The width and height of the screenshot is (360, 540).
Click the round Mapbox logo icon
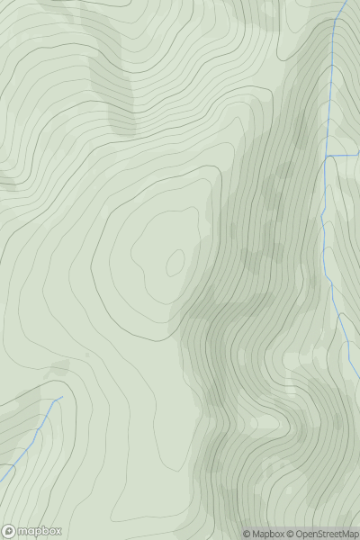pos(9,531)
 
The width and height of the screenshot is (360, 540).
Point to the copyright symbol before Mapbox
pos(247,534)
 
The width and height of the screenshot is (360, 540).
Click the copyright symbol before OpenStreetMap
pos(290,534)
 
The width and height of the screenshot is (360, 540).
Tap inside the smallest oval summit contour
pos(175,262)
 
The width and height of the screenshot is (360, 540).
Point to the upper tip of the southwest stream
pos(60,398)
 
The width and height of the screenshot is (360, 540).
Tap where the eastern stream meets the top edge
pos(345,1)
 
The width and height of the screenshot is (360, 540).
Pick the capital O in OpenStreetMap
pos(299,534)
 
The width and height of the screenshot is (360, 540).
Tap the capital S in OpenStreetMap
pos(325,534)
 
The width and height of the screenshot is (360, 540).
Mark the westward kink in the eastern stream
pos(321,216)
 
